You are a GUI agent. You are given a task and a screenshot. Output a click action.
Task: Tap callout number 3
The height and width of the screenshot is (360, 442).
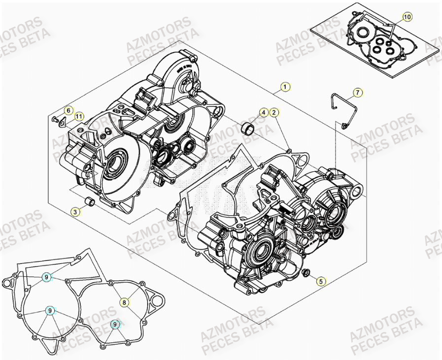tap(75, 212)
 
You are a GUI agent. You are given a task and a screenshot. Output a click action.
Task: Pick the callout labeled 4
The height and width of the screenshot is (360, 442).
tap(264, 113)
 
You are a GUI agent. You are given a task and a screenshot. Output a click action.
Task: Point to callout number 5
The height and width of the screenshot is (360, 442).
tap(320, 282)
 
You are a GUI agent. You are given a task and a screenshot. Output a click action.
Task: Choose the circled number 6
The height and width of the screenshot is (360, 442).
tap(68, 110)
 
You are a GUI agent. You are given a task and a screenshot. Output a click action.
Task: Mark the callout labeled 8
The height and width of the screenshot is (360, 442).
tap(125, 302)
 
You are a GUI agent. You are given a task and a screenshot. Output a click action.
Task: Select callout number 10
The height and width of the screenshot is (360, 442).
tap(407, 17)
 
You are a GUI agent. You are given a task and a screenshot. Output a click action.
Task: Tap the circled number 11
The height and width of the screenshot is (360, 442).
tap(78, 116)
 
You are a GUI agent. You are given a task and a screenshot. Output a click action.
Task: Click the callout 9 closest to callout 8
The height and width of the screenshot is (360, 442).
tap(115, 324)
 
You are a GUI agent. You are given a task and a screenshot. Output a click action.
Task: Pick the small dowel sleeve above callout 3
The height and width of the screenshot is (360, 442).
tap(90, 202)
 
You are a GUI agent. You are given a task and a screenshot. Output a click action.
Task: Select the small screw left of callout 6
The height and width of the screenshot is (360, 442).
tap(55, 119)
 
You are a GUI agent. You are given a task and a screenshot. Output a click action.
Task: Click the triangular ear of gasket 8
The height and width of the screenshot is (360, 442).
tap(157, 300)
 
